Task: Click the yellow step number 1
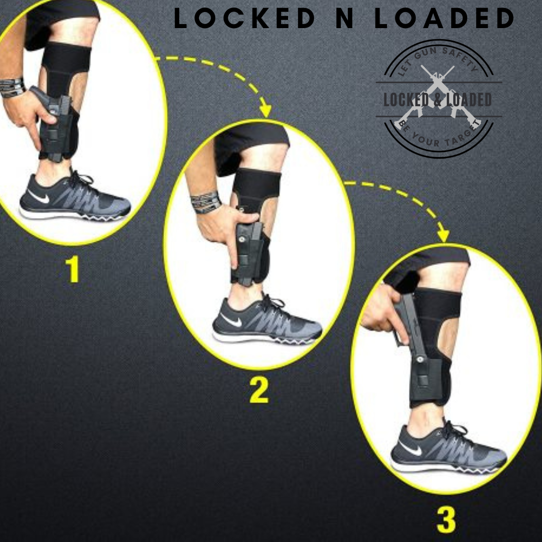click(x=73, y=269)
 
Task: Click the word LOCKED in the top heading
click(x=244, y=19)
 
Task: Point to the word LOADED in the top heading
click(x=445, y=19)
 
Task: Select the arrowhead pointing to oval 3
click(x=443, y=235)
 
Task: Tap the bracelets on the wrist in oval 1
click(x=12, y=87)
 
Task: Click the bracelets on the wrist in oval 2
click(x=206, y=202)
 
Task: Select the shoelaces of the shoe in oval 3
click(x=454, y=432)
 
